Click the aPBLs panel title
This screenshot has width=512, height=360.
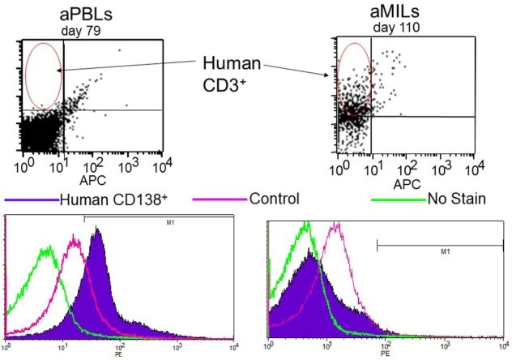pos(83,16)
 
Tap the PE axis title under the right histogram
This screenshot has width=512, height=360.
pos(386,355)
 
